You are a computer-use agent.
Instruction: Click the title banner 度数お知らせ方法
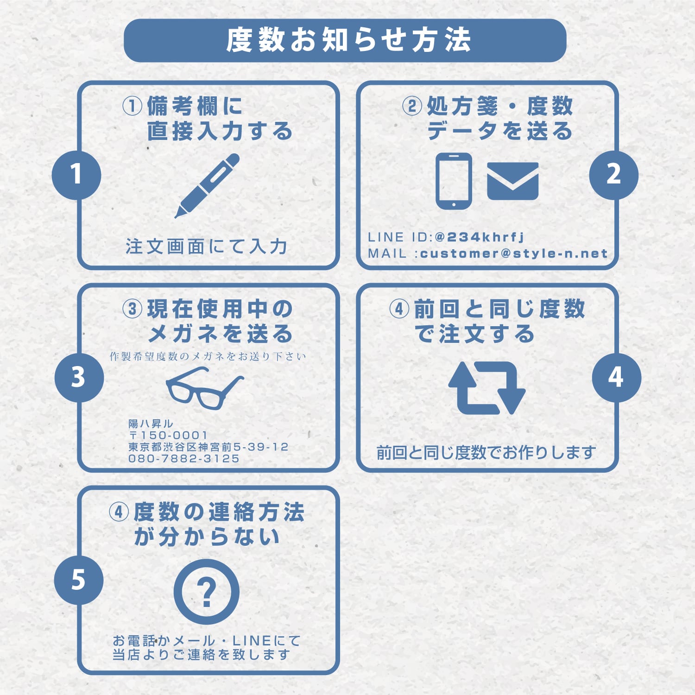coord(345,40)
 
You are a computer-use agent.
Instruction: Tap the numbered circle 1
coord(76,175)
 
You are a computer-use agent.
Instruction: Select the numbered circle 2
coord(613,175)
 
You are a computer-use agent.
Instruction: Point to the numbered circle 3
coord(79,377)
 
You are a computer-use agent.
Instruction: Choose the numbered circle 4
coord(616,377)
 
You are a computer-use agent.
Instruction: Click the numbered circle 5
coord(78,580)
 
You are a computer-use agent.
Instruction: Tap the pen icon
coord(207,185)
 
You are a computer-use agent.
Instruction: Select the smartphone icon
coord(454,181)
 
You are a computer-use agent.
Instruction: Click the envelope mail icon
coord(512,181)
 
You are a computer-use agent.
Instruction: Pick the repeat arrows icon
coord(486,388)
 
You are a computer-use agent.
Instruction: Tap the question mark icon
coord(207,592)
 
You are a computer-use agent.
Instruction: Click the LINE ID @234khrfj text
coord(479,237)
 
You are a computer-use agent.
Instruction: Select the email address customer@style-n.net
coord(513,253)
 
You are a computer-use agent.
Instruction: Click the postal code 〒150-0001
coord(168,436)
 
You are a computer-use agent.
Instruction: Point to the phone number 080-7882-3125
coord(184,459)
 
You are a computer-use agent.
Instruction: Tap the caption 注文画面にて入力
coord(206,246)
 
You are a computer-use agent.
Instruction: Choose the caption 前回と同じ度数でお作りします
coord(486,453)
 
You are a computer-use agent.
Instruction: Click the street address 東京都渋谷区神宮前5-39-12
coord(208,447)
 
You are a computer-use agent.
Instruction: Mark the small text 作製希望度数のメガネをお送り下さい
coord(208,356)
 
